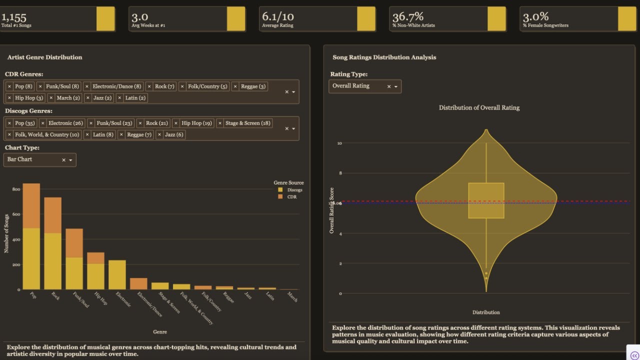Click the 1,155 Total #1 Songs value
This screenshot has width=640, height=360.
pos(13,16)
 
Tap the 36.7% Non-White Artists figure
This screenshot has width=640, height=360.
pos(408,16)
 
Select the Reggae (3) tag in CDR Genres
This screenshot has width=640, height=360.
pos(253,86)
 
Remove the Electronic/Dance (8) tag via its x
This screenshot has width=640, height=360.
pos(87,86)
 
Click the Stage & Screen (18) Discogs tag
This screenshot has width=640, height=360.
pos(247,123)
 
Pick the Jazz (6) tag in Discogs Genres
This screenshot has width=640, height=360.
pos(174,134)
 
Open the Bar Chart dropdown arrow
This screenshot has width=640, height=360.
pos(70,160)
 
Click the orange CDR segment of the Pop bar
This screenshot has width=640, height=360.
pos(31,205)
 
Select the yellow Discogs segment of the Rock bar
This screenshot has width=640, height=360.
pos(52,261)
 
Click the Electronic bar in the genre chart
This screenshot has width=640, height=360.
pos(117,274)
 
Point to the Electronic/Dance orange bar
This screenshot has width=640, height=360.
pos(138,283)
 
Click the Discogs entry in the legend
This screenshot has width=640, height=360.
pos(294,190)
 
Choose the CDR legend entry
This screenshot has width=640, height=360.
pos(291,197)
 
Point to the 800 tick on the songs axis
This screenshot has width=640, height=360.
pos(16,189)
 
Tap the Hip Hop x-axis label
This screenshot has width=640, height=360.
pos(100,299)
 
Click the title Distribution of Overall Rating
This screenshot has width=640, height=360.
pos(478,107)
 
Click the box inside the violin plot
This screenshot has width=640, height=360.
pos(486,200)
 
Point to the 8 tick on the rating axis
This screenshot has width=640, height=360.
pos(339,173)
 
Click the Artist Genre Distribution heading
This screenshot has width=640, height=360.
pos(44,57)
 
